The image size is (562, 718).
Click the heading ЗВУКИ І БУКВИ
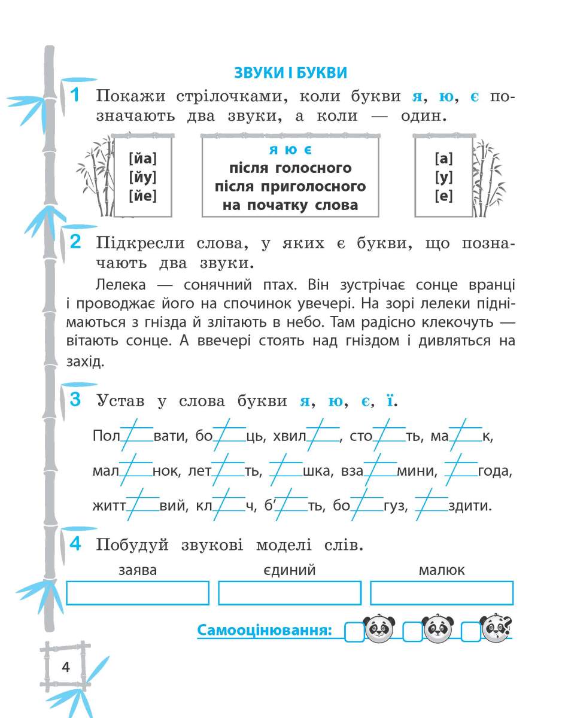coord(290,73)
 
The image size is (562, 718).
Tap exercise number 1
coord(74,95)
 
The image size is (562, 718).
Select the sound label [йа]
coord(142,159)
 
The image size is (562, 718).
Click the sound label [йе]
coord(142,196)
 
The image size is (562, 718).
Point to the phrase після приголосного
coord(290,187)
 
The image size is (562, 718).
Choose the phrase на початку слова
coord(290,205)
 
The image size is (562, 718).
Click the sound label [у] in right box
coord(443,178)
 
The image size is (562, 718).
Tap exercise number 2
coord(75,242)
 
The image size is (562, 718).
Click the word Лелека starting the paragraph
coord(117,282)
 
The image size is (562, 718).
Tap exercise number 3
coord(75,400)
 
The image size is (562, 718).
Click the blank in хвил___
coord(323,436)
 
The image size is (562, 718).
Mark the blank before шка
coord(285,470)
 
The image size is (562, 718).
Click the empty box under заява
coord(138,593)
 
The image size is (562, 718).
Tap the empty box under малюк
coord(442,593)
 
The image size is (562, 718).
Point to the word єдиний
coord(290,570)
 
